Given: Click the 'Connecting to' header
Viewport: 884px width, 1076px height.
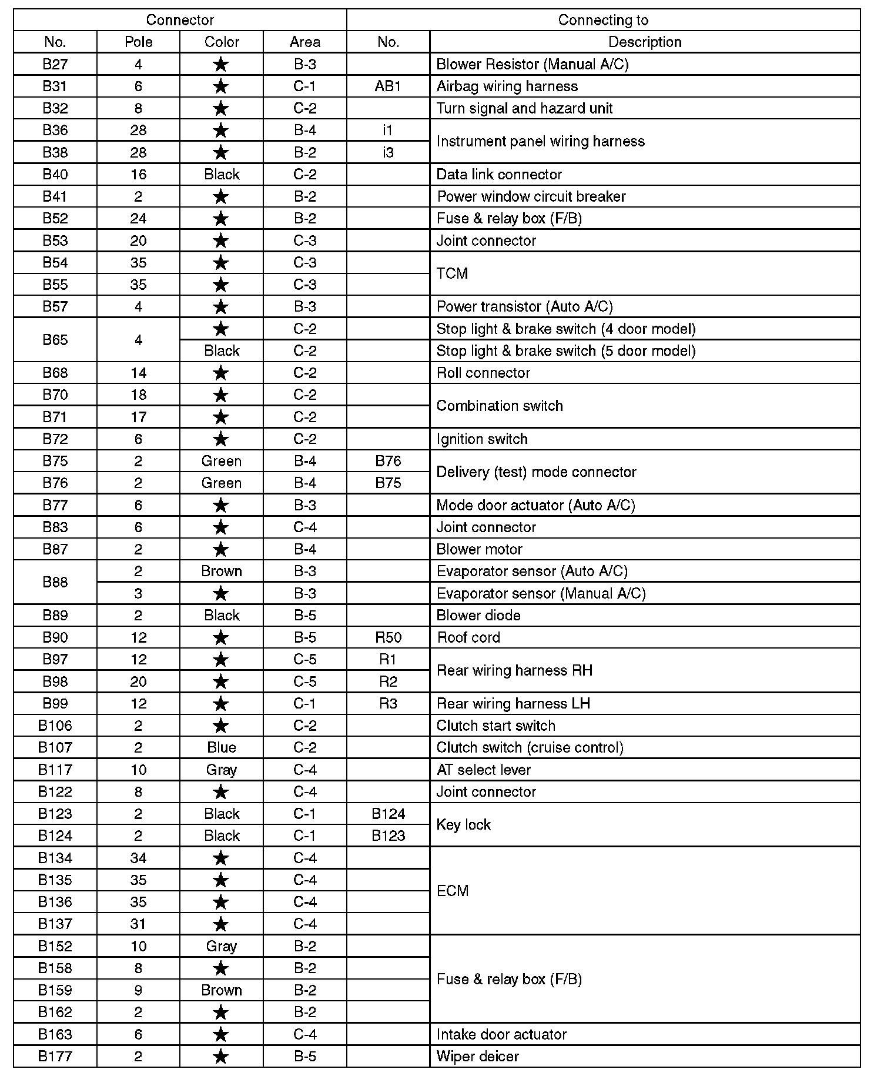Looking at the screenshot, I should point(603,20).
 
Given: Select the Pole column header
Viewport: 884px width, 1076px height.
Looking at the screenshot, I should point(139,42).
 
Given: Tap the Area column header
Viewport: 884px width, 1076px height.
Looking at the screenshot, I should point(305,42).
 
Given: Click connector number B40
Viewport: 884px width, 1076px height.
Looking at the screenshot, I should point(55,175).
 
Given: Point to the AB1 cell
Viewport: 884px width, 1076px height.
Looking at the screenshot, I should point(388,86).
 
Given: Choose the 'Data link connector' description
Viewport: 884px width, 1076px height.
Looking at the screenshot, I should point(499,175).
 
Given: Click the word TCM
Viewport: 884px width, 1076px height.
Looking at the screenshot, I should point(452,273).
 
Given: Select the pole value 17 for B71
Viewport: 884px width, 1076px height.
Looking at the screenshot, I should point(139,417).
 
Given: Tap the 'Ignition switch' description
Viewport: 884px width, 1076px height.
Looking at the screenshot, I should point(482,439).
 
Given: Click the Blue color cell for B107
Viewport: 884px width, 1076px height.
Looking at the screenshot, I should point(222,747).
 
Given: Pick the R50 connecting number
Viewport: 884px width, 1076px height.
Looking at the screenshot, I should point(388,637).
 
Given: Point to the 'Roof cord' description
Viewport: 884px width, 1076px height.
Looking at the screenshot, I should point(468,637).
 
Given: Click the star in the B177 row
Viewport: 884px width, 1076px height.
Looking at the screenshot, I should point(221,1057).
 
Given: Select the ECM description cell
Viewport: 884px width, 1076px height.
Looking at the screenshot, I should point(453,891).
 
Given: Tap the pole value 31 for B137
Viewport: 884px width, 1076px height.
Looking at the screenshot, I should point(139,924).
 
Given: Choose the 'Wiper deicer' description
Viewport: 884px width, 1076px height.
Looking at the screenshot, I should point(478,1057).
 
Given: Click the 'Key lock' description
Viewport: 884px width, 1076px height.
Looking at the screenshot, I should point(463,825).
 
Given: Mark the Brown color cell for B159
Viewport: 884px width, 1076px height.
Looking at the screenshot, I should point(222,990).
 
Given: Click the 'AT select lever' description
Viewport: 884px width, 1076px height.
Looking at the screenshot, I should point(484,770).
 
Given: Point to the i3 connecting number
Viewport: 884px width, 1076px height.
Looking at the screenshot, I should point(388,152).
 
